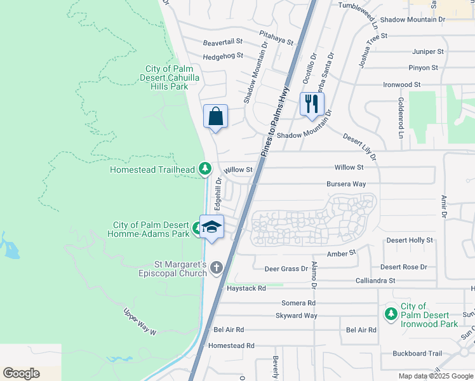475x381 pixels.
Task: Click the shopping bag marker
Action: pos(215,117)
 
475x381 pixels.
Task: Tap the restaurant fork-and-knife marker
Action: pos(311,104)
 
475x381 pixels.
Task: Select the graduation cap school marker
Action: pos(211,227)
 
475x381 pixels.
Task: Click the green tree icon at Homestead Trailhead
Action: pos(204,168)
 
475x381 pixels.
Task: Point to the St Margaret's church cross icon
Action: pos(216,268)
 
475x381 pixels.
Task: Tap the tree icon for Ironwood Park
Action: pos(391,314)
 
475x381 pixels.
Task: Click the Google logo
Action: pos(21,373)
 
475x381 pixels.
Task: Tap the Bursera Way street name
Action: pos(346,184)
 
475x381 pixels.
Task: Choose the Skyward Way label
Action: pos(296,316)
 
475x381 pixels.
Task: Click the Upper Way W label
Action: pos(139,321)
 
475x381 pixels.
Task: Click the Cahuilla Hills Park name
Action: pos(167,77)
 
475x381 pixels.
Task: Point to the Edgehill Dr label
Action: pos(218,194)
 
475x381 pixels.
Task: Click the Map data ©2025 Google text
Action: pos(435,376)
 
